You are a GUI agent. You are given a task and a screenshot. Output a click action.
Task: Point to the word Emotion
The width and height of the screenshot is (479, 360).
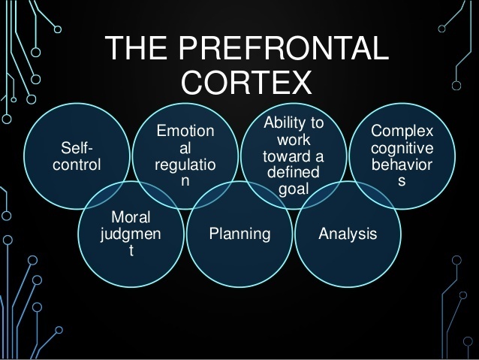point(184,132)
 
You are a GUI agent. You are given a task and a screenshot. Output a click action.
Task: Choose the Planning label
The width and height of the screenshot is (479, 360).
point(239,234)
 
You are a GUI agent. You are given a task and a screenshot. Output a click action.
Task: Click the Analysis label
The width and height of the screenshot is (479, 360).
point(347,234)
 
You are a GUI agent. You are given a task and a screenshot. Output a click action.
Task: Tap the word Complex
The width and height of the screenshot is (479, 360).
point(402,132)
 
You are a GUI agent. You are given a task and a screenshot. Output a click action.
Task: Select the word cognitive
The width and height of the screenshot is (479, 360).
point(402,149)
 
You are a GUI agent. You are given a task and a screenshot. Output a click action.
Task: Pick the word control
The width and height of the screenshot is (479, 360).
point(77,165)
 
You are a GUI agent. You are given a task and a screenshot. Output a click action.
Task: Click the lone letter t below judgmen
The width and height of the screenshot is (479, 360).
point(131,251)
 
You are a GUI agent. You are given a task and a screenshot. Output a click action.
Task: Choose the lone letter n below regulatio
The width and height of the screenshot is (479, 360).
point(184,180)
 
